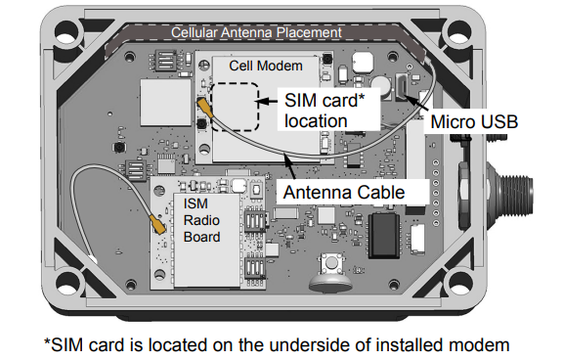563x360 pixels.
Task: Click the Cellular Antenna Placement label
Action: pos(255,32)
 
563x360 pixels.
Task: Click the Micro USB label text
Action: pos(474,122)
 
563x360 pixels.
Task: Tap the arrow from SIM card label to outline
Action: pos(268,100)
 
